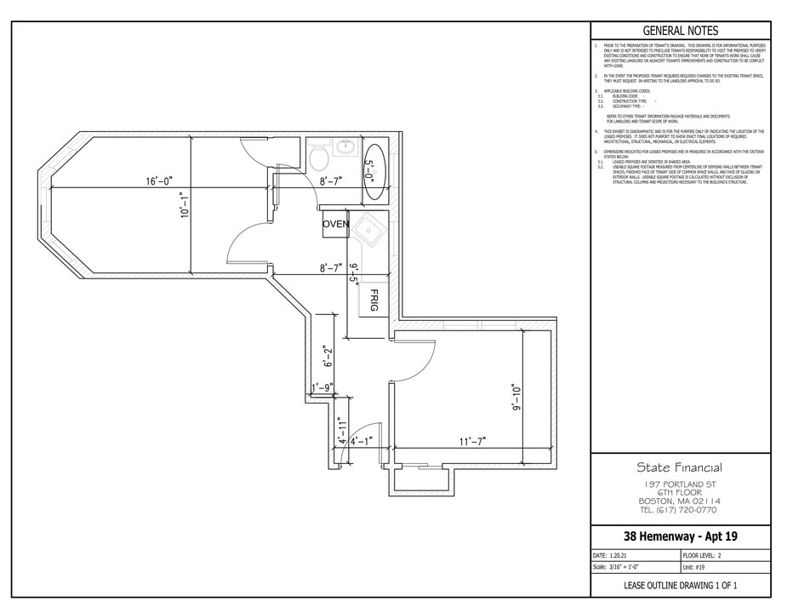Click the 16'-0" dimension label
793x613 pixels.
(x=159, y=180)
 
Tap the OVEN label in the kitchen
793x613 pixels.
(x=335, y=224)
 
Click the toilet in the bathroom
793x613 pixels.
(x=317, y=158)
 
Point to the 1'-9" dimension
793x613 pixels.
(x=322, y=388)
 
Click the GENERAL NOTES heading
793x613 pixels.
(x=681, y=30)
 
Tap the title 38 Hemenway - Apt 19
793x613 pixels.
(x=680, y=536)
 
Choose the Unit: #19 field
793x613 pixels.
(x=695, y=567)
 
